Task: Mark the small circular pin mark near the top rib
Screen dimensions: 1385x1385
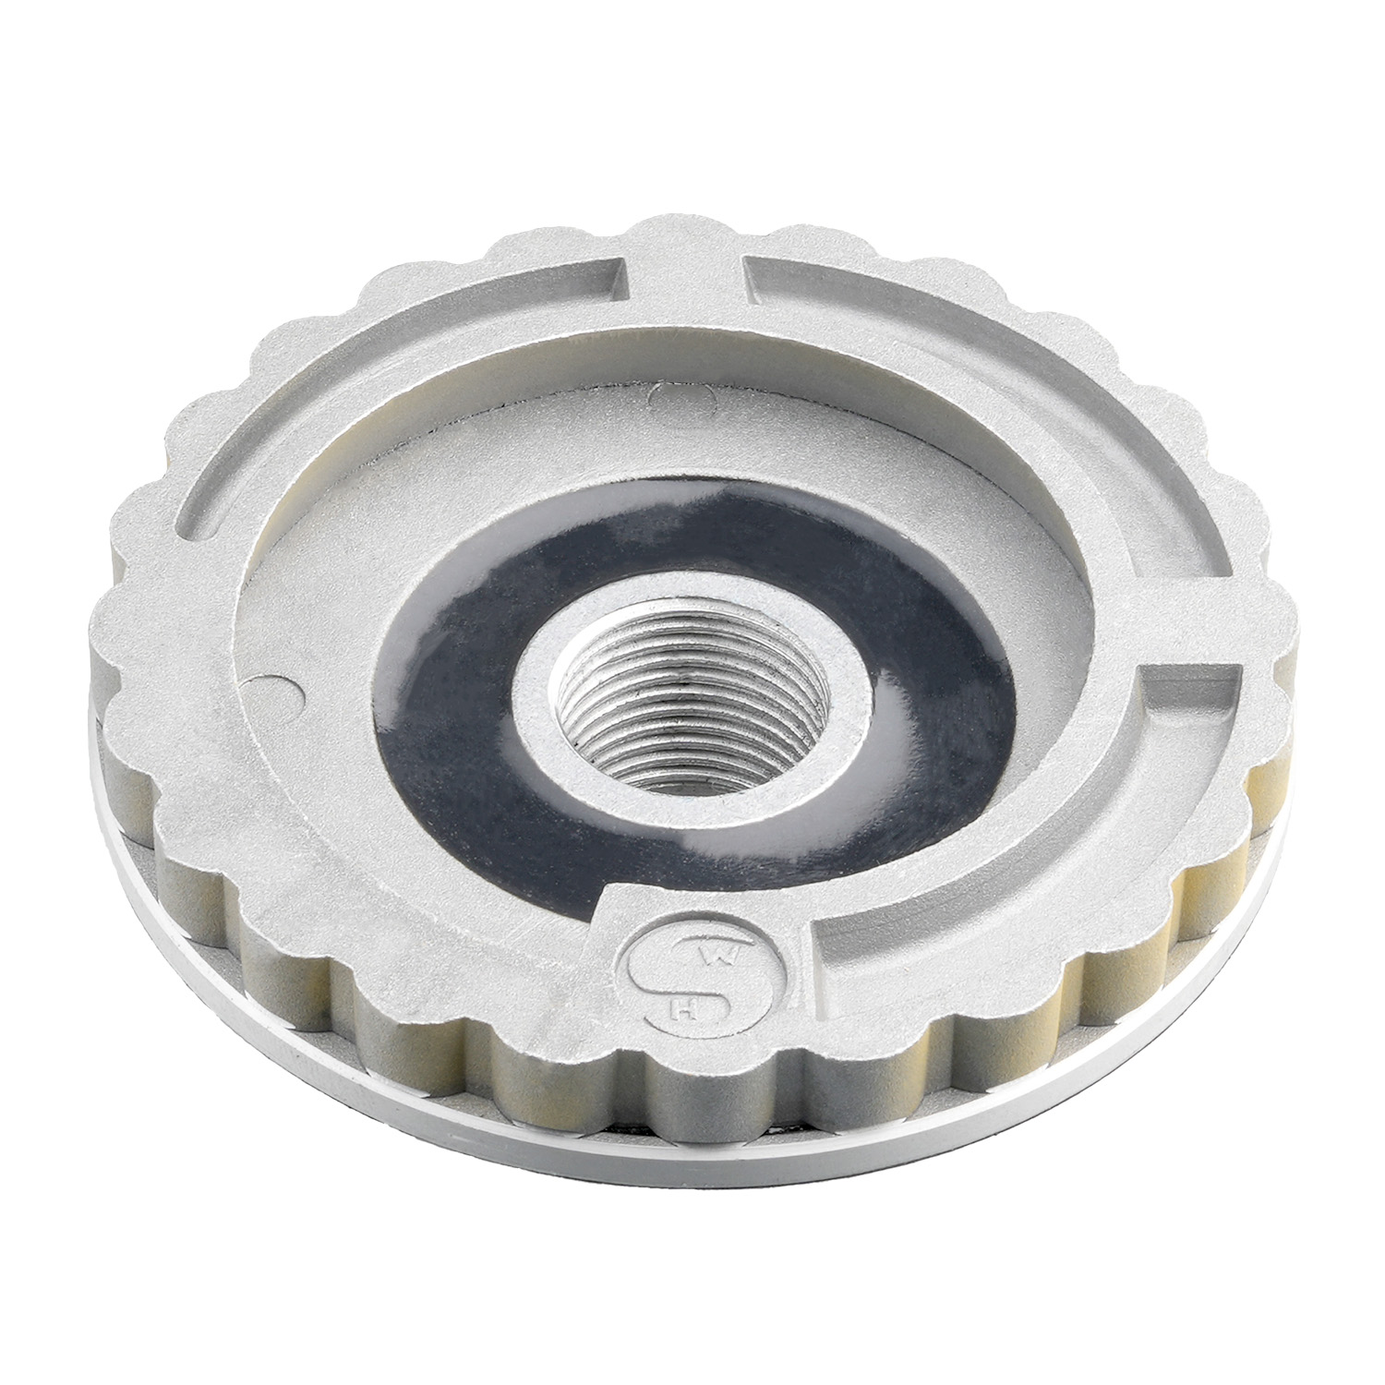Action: click(680, 396)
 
